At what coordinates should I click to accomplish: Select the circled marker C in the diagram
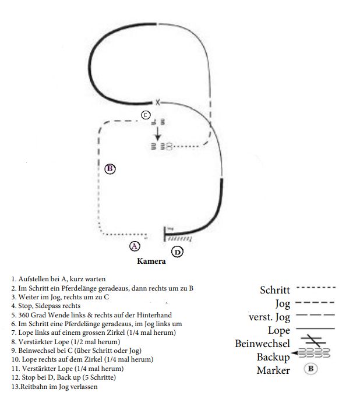click(146, 115)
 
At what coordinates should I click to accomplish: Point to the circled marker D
click(178, 252)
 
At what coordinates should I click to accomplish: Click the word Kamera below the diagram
click(151, 261)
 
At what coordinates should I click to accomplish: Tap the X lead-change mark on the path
click(157, 102)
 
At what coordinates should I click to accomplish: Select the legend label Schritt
click(274, 289)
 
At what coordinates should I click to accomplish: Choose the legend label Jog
click(283, 303)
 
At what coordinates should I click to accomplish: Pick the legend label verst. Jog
click(269, 317)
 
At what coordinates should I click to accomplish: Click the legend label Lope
click(279, 331)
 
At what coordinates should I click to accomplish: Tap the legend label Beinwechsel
click(262, 344)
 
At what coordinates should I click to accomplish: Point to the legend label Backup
click(273, 356)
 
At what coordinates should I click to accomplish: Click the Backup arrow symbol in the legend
click(311, 353)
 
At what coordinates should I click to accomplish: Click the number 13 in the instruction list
click(14, 387)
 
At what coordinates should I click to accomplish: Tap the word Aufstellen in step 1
click(31, 279)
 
